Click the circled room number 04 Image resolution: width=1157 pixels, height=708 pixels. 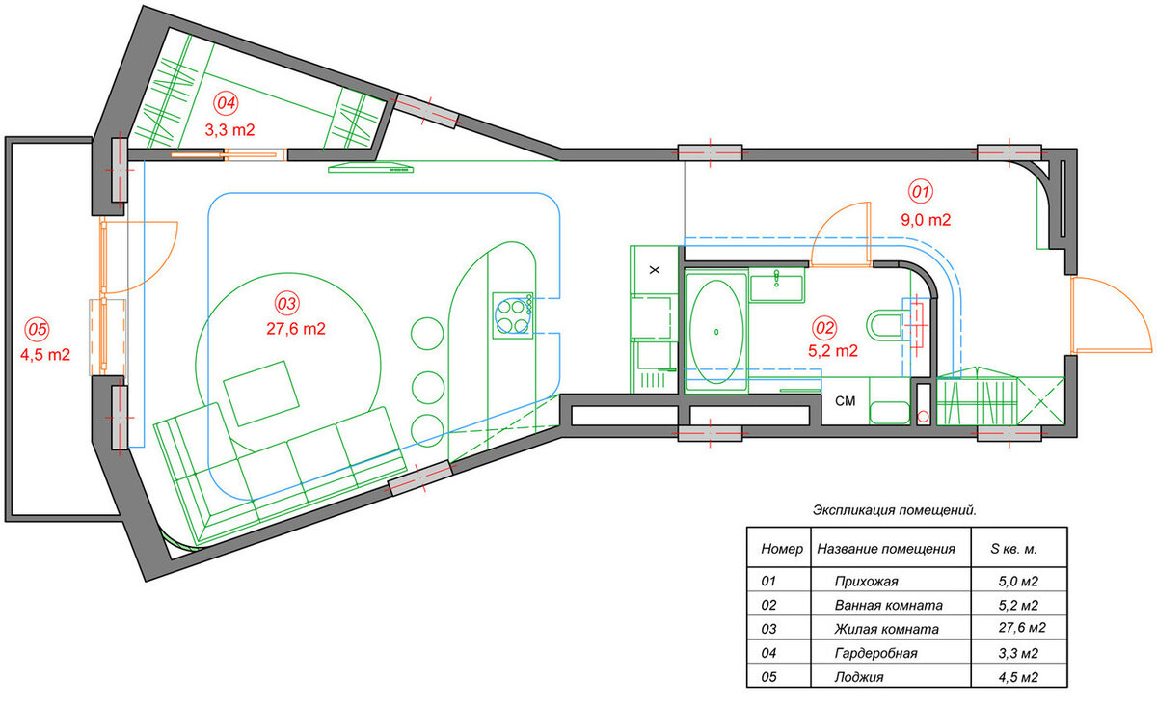tap(226, 103)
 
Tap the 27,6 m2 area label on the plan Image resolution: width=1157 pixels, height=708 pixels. tap(296, 329)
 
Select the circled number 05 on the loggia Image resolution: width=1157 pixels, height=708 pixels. tap(38, 329)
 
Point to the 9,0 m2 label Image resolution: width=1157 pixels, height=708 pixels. tap(926, 220)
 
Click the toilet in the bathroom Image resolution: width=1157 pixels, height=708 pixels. tap(886, 325)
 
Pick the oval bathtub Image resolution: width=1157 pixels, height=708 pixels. tap(715, 331)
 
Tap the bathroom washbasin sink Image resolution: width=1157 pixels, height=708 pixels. tap(776, 287)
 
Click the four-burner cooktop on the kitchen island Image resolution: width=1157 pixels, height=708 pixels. tap(512, 315)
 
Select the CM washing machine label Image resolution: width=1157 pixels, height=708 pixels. tap(845, 401)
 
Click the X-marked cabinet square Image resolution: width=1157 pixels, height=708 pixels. tap(655, 270)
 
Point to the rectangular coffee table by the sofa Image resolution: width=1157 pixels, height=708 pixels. tap(261, 394)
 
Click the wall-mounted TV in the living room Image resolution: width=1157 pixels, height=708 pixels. tap(371, 167)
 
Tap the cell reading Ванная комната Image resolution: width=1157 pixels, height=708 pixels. tap(888, 605)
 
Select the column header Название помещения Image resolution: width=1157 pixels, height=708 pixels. tap(886, 549)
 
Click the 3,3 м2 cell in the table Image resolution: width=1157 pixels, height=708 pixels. tap(1018, 653)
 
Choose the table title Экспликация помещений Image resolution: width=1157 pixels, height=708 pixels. tap(895, 510)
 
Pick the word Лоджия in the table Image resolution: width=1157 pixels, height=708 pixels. tap(859, 677)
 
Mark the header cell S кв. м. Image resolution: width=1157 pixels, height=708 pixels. tap(1013, 549)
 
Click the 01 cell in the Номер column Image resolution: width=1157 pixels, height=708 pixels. tap(768, 582)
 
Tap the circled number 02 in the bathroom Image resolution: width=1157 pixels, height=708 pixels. tap(824, 328)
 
